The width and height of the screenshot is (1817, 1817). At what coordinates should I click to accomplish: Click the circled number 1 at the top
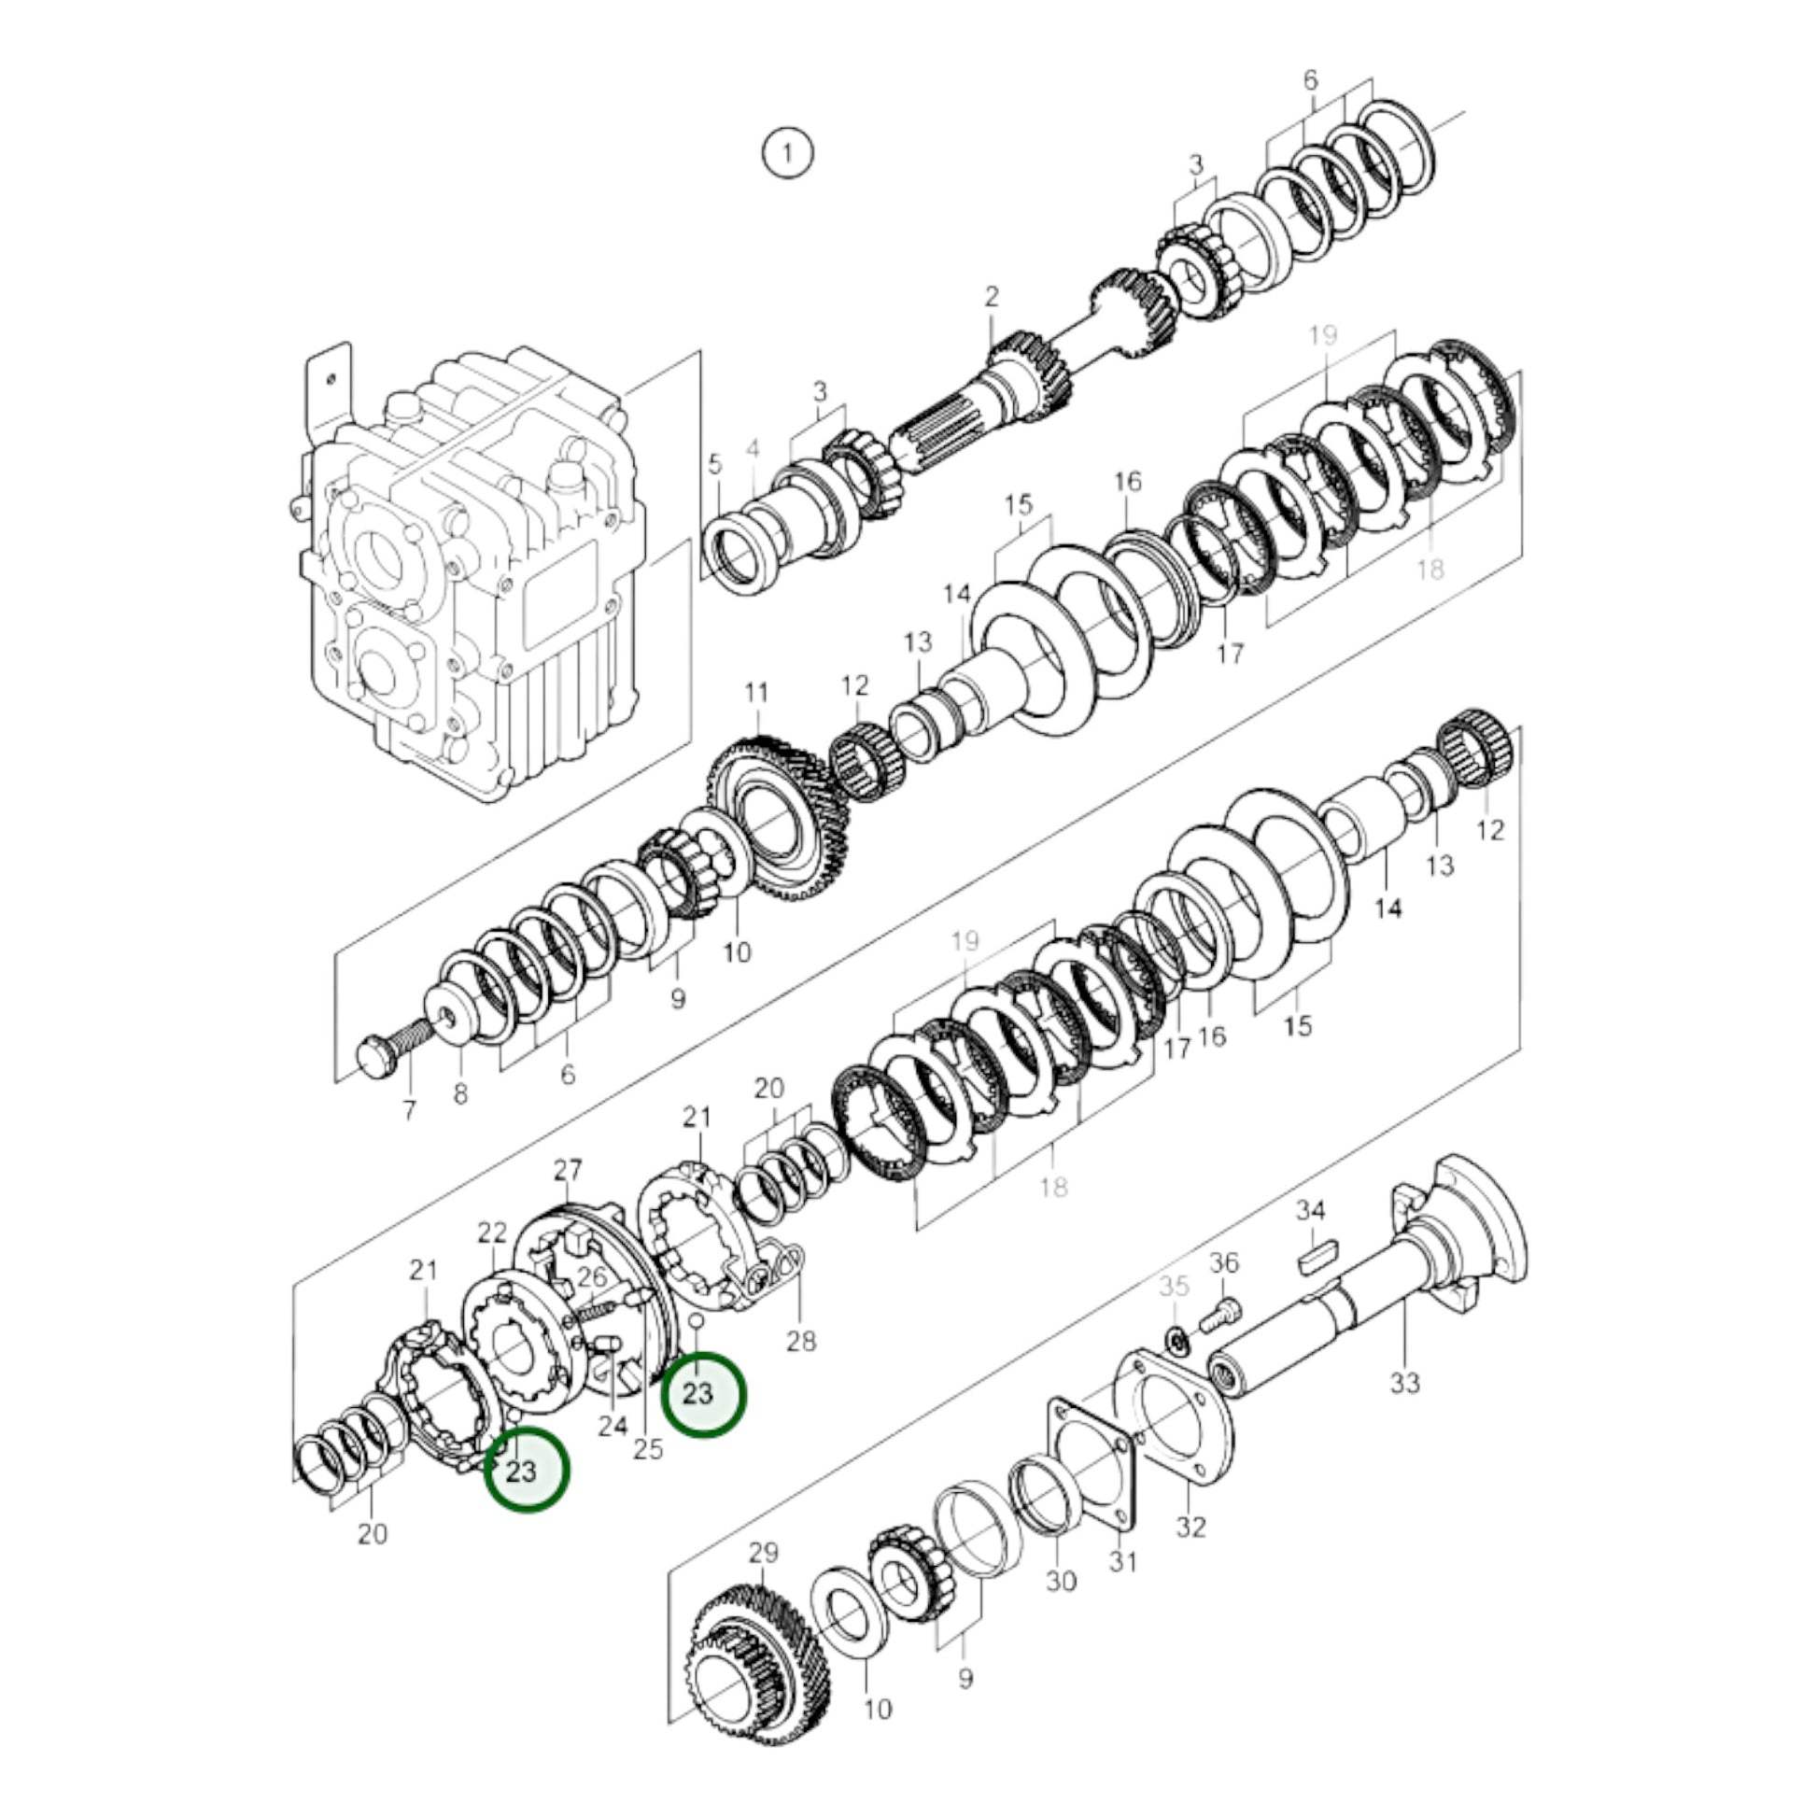pyautogui.click(x=787, y=152)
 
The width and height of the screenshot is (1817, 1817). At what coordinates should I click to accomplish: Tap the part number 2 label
pyautogui.click(x=992, y=296)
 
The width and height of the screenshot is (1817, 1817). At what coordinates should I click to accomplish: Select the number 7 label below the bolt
pyautogui.click(x=409, y=1111)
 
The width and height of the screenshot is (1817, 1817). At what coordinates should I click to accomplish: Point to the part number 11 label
pyautogui.click(x=756, y=692)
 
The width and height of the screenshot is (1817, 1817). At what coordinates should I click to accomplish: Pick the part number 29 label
pyautogui.click(x=763, y=1552)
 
